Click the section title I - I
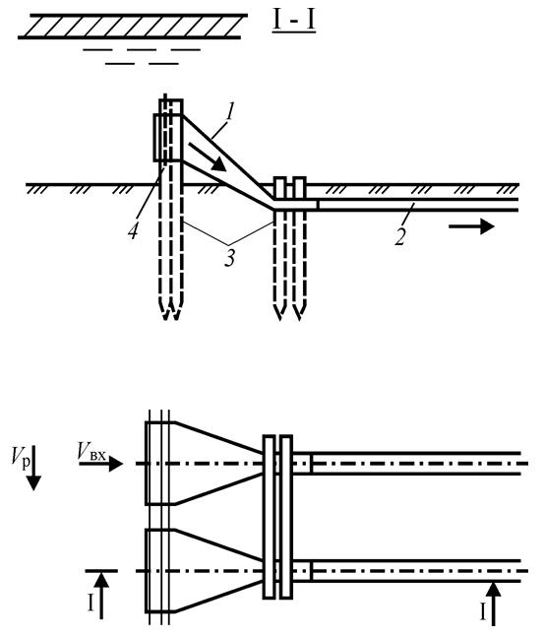coord(294,22)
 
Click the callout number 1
coord(230,112)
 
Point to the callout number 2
coord(400,236)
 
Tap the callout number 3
coord(229,257)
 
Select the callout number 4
coord(133,231)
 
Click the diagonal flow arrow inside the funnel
coord(207,157)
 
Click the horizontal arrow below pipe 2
coord(471,225)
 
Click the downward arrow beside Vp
coord(33,469)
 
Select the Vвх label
coord(91,451)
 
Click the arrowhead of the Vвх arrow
coord(116,463)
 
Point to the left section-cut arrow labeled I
coord(101,595)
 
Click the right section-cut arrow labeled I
coord(493,604)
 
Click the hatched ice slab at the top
coord(133,27)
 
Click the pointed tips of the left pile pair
coord(170,311)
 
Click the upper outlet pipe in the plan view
coord(406,463)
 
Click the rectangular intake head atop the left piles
coord(168,137)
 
